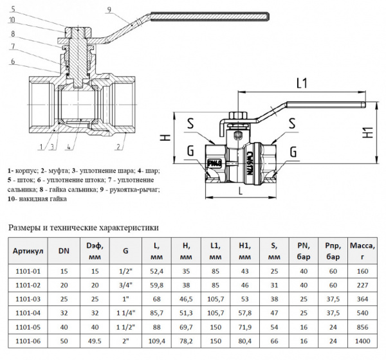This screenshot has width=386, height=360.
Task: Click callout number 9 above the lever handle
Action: [x=110, y=9]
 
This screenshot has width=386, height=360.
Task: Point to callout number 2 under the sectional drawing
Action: [x=118, y=147]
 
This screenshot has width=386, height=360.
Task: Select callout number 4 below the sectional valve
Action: [x=67, y=147]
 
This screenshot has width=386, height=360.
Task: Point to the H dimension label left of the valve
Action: [x=165, y=138]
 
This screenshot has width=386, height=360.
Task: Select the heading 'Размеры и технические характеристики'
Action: [x=82, y=228]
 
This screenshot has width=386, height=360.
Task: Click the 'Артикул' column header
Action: [x=28, y=249]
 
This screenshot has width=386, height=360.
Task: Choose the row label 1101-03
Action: [x=28, y=299]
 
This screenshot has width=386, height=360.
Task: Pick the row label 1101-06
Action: [x=28, y=340]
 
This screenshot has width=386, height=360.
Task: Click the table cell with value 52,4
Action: [x=158, y=271]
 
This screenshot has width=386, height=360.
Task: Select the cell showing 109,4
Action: [x=158, y=340]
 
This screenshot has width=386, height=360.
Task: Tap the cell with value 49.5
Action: [x=94, y=340]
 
